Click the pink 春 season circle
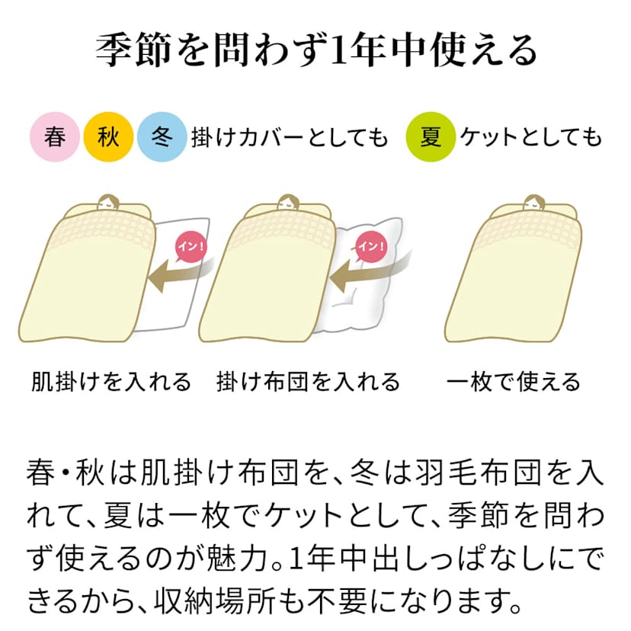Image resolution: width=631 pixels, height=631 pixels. (55, 137)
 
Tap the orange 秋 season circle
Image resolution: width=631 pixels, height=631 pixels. (108, 137)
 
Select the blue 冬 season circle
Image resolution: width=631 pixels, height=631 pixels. (162, 137)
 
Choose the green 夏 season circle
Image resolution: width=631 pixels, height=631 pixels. (431, 137)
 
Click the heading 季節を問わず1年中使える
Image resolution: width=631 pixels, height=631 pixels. (316, 51)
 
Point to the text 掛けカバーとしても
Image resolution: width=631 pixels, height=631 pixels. (290, 137)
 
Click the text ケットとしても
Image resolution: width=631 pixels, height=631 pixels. (531, 137)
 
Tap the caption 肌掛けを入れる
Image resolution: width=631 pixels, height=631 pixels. (111, 382)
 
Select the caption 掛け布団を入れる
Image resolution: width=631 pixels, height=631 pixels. (308, 382)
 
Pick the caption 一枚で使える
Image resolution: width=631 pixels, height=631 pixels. (514, 382)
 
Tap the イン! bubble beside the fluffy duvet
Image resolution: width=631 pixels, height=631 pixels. (371, 247)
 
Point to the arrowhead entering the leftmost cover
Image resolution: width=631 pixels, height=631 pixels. (158, 276)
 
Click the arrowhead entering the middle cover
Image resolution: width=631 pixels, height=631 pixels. (339, 276)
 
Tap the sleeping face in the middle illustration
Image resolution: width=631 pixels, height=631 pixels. (288, 203)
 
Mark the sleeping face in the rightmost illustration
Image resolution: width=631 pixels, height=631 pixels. (533, 203)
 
